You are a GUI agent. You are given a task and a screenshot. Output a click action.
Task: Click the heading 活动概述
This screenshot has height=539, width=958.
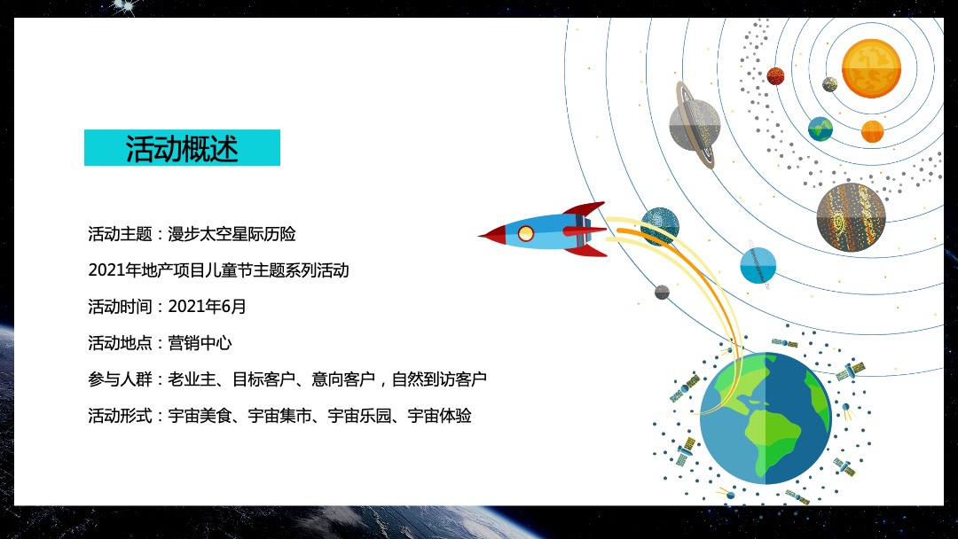pos(182,148)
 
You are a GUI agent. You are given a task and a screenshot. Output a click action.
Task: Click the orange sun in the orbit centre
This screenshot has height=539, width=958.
pos(871,68)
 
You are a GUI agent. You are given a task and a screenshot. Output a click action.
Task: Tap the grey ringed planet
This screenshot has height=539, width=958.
pos(695,125)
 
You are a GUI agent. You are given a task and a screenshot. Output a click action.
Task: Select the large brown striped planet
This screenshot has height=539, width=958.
pos(851,217)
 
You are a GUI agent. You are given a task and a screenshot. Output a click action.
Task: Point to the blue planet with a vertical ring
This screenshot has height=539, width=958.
pos(758,265)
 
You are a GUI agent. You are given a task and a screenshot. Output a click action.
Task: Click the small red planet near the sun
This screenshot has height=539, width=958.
pos(775,76)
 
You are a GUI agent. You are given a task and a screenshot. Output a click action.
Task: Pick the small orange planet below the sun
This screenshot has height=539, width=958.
pos(872,131)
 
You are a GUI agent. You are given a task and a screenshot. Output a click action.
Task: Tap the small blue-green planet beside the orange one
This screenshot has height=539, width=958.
pos(821,129)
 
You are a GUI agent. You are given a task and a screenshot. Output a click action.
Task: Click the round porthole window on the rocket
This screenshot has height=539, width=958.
pos(526,234)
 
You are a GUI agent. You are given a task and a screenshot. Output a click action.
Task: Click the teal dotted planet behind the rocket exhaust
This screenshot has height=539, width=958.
pos(660,225)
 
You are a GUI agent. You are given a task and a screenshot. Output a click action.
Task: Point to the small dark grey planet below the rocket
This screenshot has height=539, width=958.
pos(662,292)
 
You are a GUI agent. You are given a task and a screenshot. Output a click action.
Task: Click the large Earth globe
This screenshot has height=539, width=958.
pos(765,418)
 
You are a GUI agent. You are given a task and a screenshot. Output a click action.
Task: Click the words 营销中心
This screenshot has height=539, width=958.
pos(200,343)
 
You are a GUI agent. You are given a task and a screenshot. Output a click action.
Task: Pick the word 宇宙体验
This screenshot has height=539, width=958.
pos(439,416)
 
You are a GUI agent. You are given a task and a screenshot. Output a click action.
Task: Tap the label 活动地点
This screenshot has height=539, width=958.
pos(120,343)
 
